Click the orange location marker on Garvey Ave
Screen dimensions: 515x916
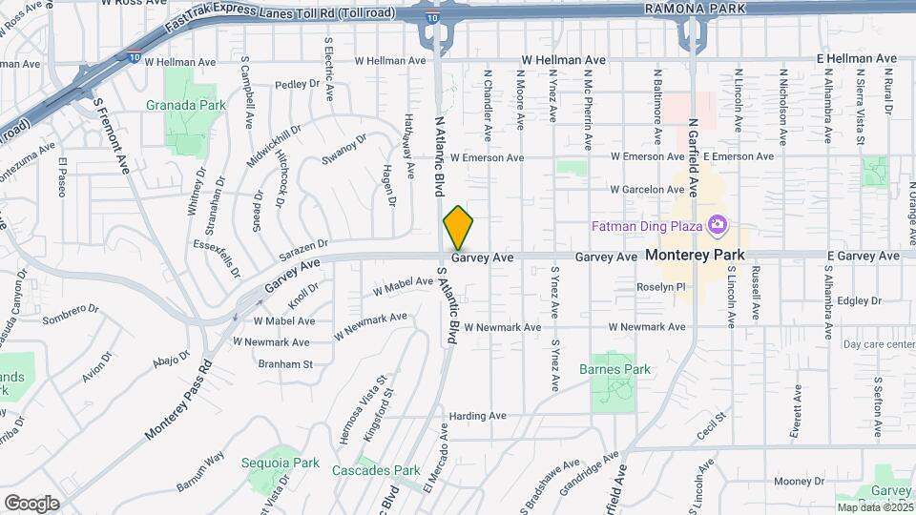pyautogui.click(x=458, y=229)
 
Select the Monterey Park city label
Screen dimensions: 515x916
pyautogui.click(x=695, y=256)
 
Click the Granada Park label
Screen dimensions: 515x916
pyautogui.click(x=185, y=106)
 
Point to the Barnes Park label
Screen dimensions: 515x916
pyautogui.click(x=614, y=369)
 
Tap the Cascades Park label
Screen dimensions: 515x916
pyautogui.click(x=376, y=470)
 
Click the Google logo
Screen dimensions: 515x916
pyautogui.click(x=31, y=503)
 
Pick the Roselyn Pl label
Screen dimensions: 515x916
pyautogui.click(x=662, y=287)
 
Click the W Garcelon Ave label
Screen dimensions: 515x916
pyautogui.click(x=648, y=189)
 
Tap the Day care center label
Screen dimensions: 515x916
pyautogui.click(x=879, y=344)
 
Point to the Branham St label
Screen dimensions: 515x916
pyautogui.click(x=285, y=363)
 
